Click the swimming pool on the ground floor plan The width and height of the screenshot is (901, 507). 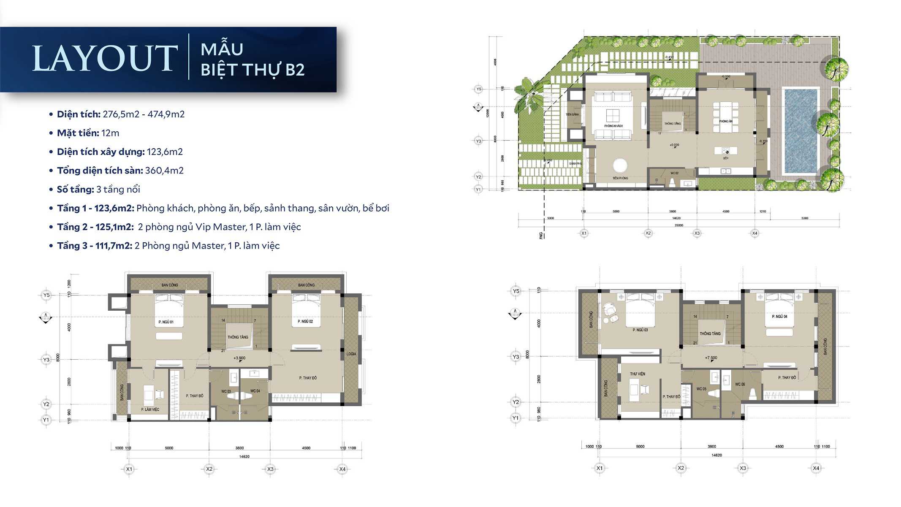click(801, 131)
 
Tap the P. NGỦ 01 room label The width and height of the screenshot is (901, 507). click(166, 322)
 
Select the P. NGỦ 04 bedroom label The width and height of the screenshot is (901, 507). click(779, 317)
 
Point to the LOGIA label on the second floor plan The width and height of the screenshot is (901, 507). click(351, 354)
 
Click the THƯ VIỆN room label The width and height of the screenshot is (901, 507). click(638, 374)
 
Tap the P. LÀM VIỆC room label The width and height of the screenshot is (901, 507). click(150, 409)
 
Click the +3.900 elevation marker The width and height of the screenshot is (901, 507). click(239, 358)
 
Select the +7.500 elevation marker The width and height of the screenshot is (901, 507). click(711, 358)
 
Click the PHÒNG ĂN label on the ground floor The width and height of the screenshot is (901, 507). click(725, 122)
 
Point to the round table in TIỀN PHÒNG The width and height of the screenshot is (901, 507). click(620, 165)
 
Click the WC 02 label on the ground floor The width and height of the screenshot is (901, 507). click(675, 173)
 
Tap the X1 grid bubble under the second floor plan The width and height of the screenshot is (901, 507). click(129, 469)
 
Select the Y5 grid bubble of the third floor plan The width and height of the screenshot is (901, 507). click(516, 291)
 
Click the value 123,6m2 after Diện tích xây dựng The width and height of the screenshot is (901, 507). click(165, 152)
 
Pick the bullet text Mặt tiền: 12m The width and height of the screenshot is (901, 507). click(88, 133)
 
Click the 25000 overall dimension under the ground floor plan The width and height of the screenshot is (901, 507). click(678, 225)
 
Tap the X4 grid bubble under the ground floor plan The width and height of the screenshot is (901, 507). click(754, 233)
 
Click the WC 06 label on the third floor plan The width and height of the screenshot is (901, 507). click(740, 384)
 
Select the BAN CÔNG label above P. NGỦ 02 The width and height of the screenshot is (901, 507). click(306, 285)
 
